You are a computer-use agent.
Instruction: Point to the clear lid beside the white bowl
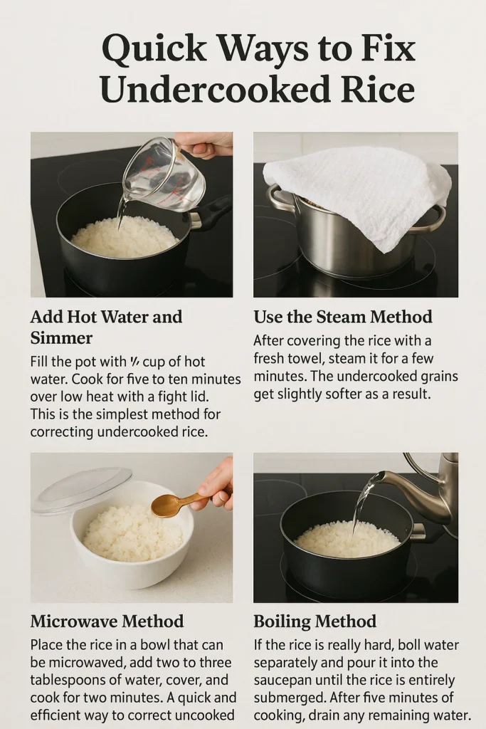pyautogui.click(x=83, y=490)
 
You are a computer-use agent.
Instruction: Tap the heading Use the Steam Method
pyautogui.click(x=342, y=316)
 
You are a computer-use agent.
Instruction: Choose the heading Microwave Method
pyautogui.click(x=107, y=621)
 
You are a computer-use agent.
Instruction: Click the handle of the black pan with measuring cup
pyautogui.click(x=213, y=211)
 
